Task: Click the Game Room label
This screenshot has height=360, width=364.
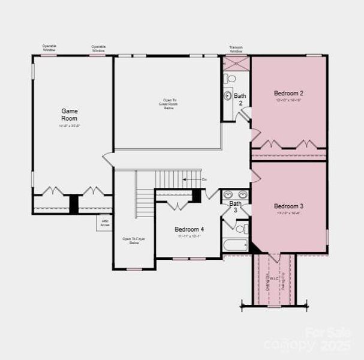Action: click(x=69, y=114)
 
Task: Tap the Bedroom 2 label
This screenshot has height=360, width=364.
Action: click(x=288, y=93)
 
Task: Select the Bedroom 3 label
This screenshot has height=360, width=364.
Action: click(x=288, y=205)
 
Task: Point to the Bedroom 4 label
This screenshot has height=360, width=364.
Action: click(x=189, y=229)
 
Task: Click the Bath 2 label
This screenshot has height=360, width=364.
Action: click(x=240, y=99)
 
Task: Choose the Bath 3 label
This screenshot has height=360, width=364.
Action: click(x=236, y=207)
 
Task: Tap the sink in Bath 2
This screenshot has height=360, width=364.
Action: click(x=228, y=95)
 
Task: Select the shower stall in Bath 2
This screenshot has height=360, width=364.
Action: click(x=230, y=63)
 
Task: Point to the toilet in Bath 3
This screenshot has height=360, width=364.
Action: click(x=240, y=229)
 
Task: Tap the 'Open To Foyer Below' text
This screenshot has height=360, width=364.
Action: click(x=130, y=241)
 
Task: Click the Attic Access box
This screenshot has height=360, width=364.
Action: click(x=104, y=223)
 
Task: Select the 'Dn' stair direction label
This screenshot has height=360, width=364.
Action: click(x=204, y=179)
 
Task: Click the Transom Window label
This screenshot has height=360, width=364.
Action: click(x=236, y=49)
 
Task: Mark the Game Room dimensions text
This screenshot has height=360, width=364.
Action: click(x=69, y=127)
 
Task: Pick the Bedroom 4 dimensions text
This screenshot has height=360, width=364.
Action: click(x=189, y=236)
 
